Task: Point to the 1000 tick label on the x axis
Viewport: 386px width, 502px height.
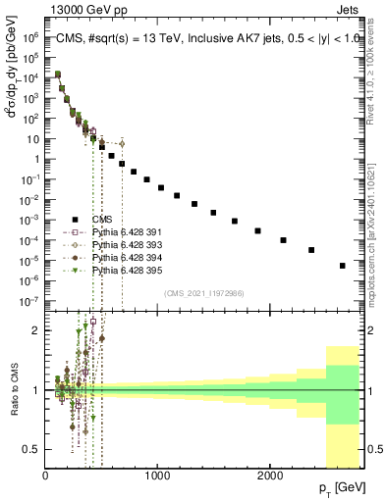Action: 157,476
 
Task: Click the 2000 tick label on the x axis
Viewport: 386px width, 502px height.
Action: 270,476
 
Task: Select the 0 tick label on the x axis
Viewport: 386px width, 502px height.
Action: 45,476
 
